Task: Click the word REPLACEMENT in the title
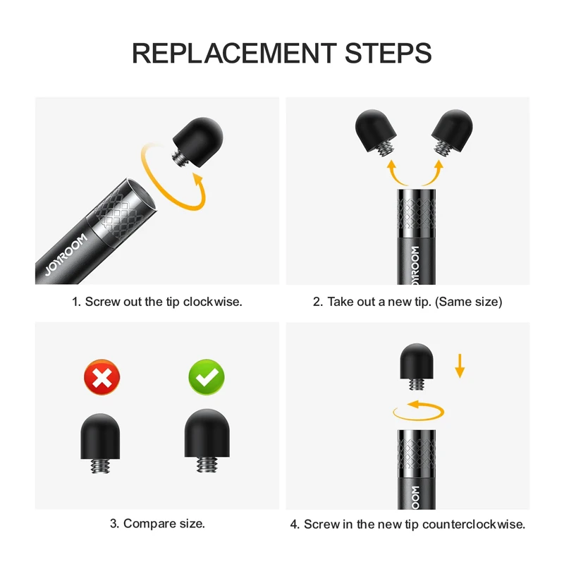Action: pyautogui.click(x=234, y=53)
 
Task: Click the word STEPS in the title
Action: pyautogui.click(x=388, y=53)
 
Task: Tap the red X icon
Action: pyautogui.click(x=102, y=377)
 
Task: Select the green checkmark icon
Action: pyautogui.click(x=207, y=377)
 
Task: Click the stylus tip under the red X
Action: pyautogui.click(x=100, y=443)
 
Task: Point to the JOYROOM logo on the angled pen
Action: pyautogui.click(x=66, y=255)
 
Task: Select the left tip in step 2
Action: pyautogui.click(x=376, y=133)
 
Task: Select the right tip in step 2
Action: pyautogui.click(x=452, y=133)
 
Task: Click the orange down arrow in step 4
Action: pyautogui.click(x=460, y=366)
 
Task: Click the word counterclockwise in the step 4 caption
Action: pyautogui.click(x=474, y=524)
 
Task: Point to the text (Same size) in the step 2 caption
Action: pyautogui.click(x=468, y=302)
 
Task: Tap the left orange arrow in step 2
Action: pyautogui.click(x=395, y=173)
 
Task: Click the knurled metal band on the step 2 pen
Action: pyautogui.click(x=416, y=213)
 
